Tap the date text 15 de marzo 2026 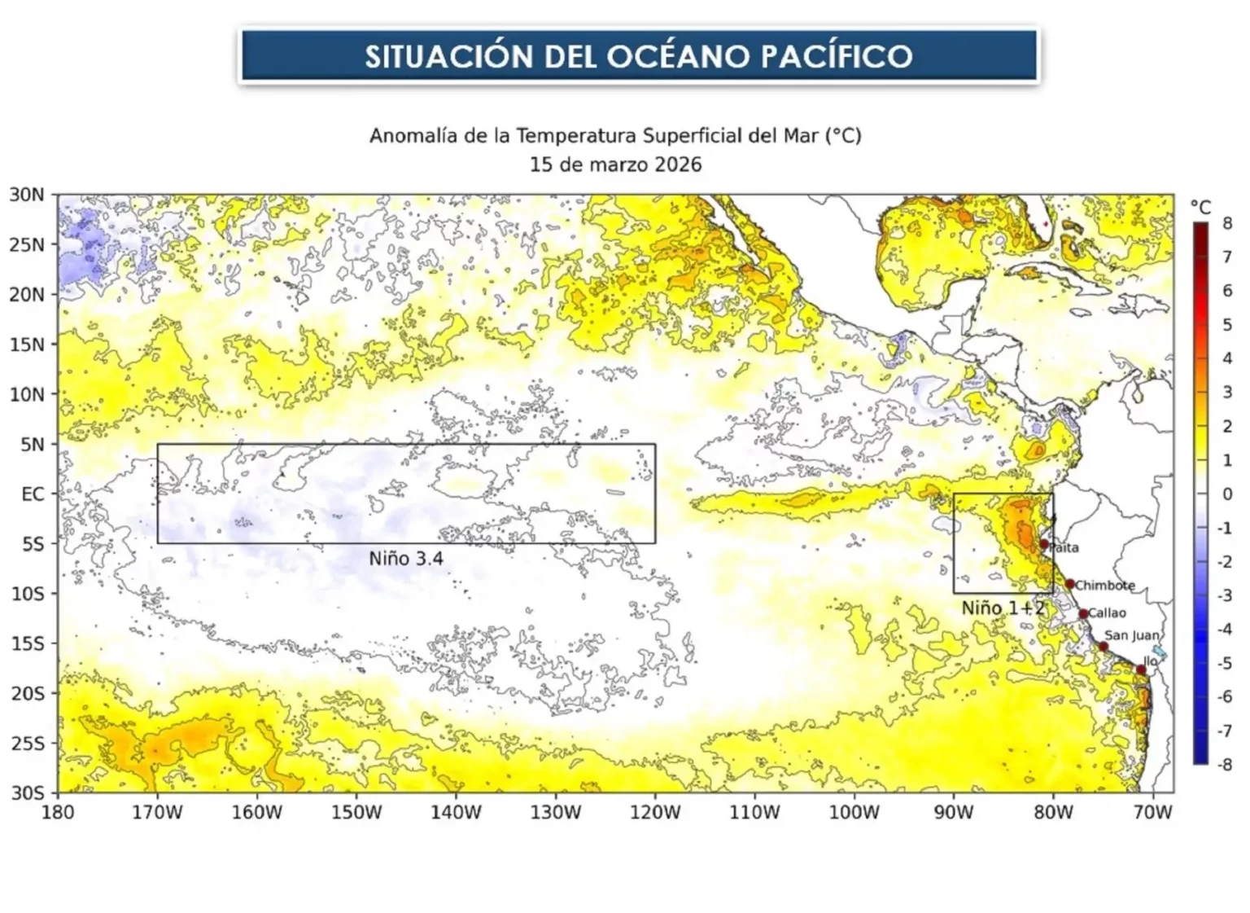click(615, 165)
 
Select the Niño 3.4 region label click(405, 559)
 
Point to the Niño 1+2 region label click(1002, 608)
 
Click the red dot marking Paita click(1044, 543)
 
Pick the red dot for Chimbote click(1069, 584)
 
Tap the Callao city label click(1108, 613)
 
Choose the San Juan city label click(1131, 635)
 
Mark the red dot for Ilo click(1141, 669)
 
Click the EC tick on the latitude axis click(33, 494)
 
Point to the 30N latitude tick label click(26, 195)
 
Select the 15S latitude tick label click(26, 643)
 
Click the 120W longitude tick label click(655, 812)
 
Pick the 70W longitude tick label click(1153, 812)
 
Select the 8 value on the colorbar click(1227, 224)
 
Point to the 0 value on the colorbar click(1227, 494)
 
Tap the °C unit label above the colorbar click(1200, 206)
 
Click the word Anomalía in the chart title click(413, 135)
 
